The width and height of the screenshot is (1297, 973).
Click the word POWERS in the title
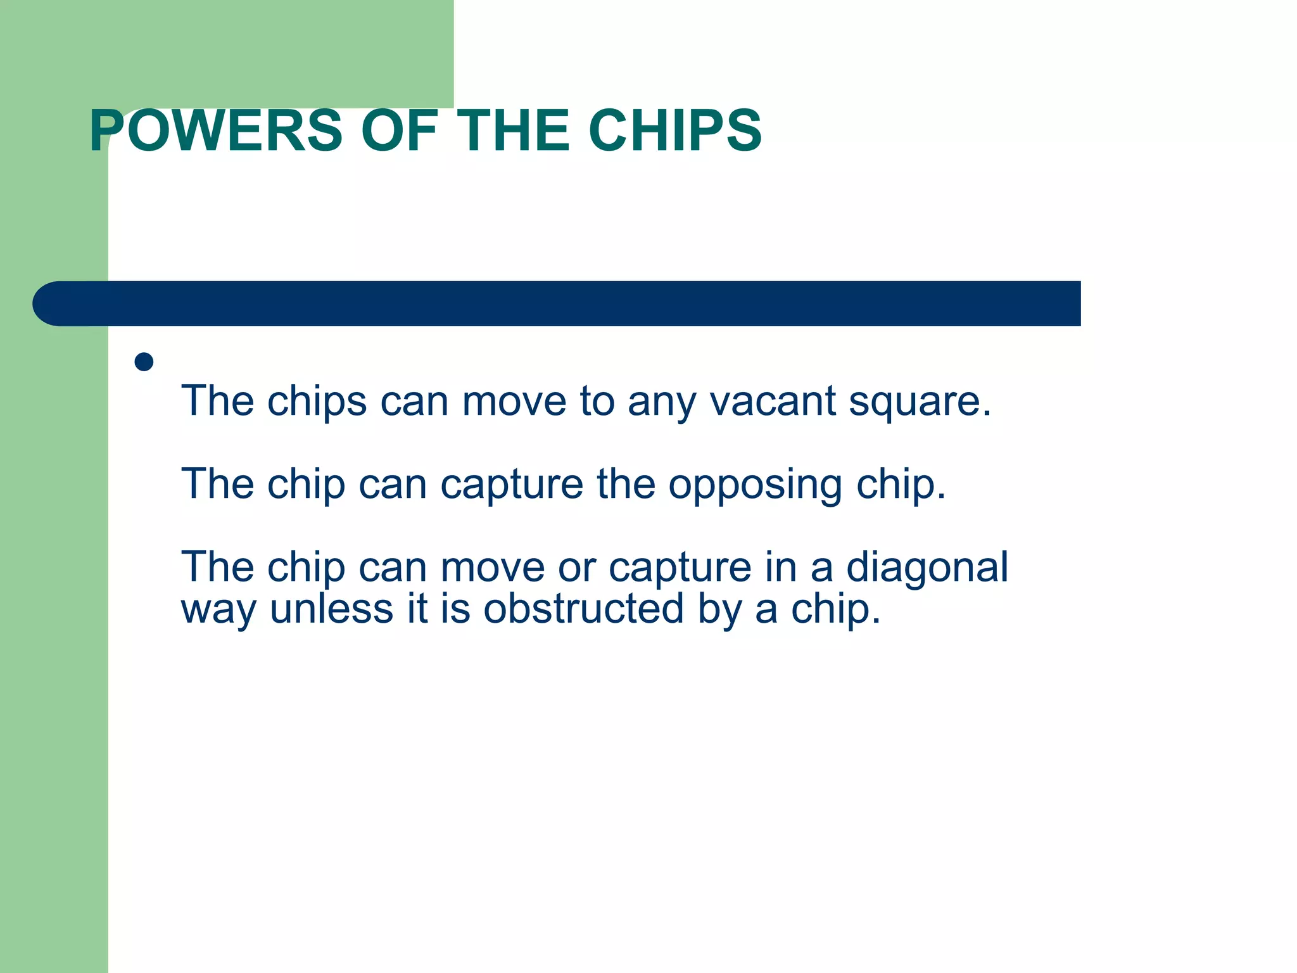216,131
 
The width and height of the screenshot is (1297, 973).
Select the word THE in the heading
514,131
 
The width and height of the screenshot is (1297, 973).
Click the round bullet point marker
144,362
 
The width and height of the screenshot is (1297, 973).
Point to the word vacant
773,402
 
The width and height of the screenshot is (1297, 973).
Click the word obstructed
584,609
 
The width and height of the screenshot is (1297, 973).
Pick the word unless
331,609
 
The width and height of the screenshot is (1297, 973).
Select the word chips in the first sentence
317,403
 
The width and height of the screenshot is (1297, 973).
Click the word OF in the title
400,131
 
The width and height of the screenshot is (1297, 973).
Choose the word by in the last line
719,610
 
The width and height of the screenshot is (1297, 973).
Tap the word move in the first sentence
514,403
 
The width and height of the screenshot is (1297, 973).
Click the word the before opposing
626,484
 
